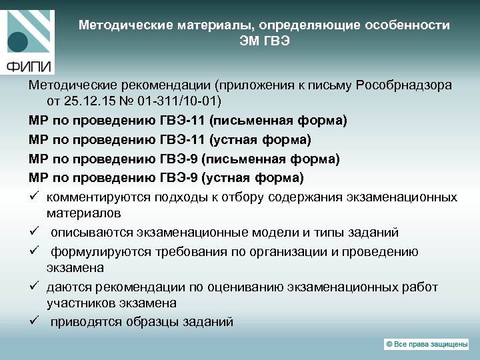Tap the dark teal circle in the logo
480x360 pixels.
[x=18, y=40]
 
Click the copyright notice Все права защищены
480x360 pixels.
[x=427, y=343]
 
